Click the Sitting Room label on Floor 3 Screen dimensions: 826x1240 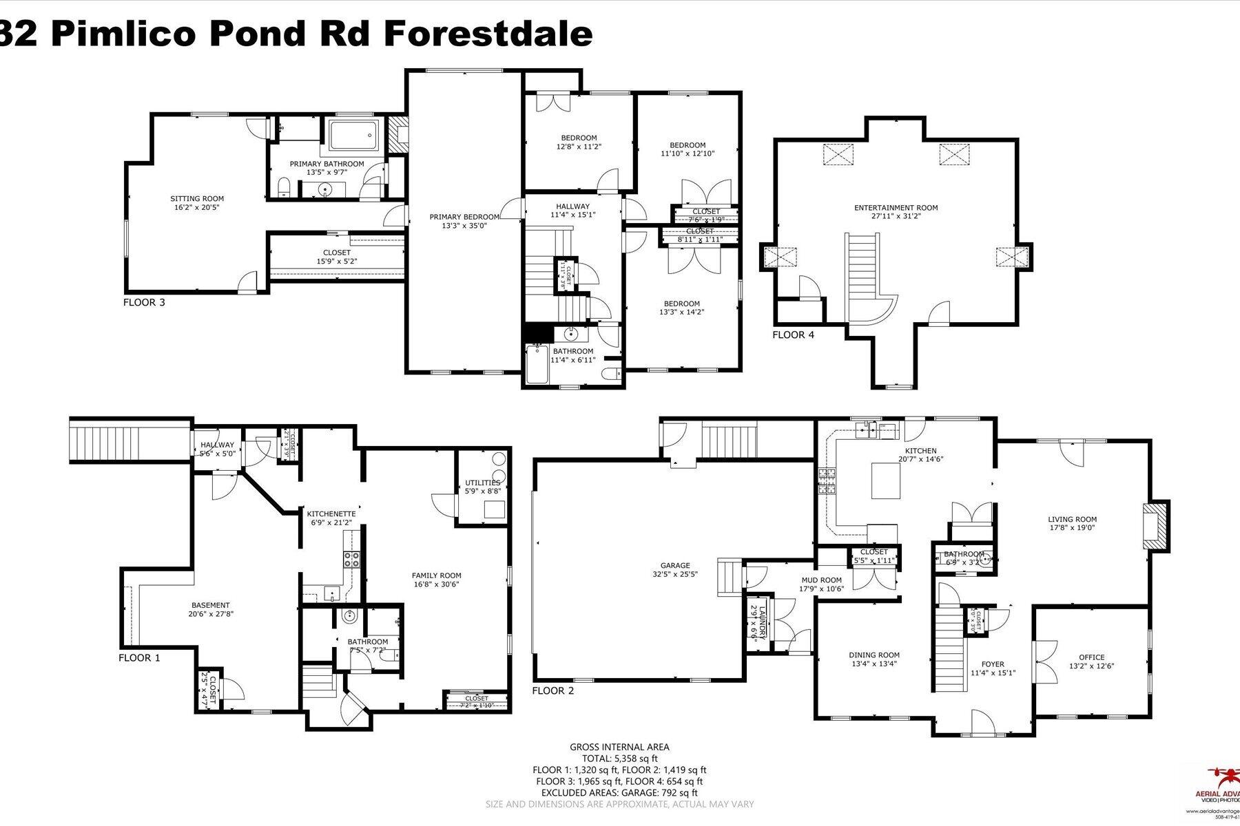[x=197, y=199]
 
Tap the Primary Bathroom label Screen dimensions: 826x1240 [x=327, y=164]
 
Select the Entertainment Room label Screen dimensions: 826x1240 [x=896, y=208]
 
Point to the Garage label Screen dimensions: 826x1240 [x=674, y=566]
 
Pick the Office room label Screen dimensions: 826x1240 [x=1091, y=657]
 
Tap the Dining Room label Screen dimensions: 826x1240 [x=874, y=655]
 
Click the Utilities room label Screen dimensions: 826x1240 [x=482, y=483]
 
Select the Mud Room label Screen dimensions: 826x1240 [x=821, y=580]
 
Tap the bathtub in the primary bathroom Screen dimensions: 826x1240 [x=353, y=136]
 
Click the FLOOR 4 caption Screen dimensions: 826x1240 [x=798, y=335]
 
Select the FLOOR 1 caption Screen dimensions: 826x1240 [x=139, y=658]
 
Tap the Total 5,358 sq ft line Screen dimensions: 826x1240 [x=619, y=759]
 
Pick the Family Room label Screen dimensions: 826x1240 [x=436, y=575]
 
